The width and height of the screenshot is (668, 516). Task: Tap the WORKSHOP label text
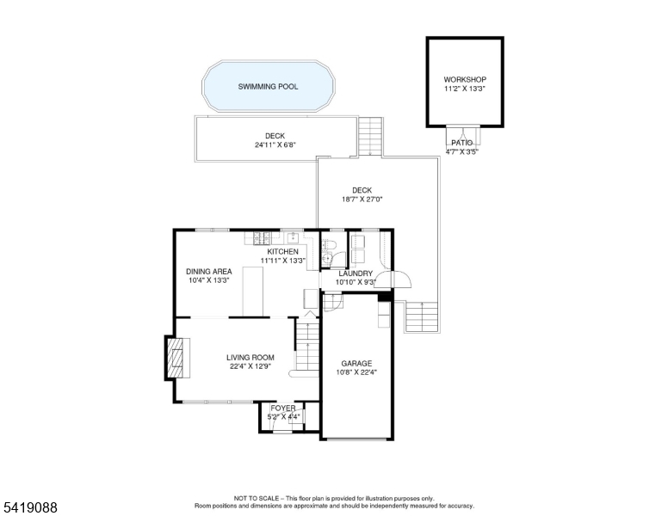click(x=465, y=79)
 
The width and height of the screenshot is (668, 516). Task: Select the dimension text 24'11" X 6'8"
click(x=275, y=144)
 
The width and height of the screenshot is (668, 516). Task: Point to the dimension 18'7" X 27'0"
click(x=362, y=199)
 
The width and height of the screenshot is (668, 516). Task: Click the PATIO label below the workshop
click(x=462, y=143)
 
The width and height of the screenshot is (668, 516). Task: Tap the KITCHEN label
click(x=282, y=251)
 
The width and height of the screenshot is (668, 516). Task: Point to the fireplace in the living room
click(x=176, y=355)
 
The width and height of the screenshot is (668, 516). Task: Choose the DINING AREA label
click(x=209, y=271)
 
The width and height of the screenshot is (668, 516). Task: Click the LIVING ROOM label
click(x=251, y=358)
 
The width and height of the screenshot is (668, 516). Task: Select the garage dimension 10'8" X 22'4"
click(x=356, y=372)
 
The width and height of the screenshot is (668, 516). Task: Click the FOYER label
click(x=283, y=408)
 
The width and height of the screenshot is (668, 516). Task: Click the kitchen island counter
click(x=252, y=292)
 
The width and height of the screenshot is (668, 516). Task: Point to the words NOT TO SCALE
click(x=258, y=498)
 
